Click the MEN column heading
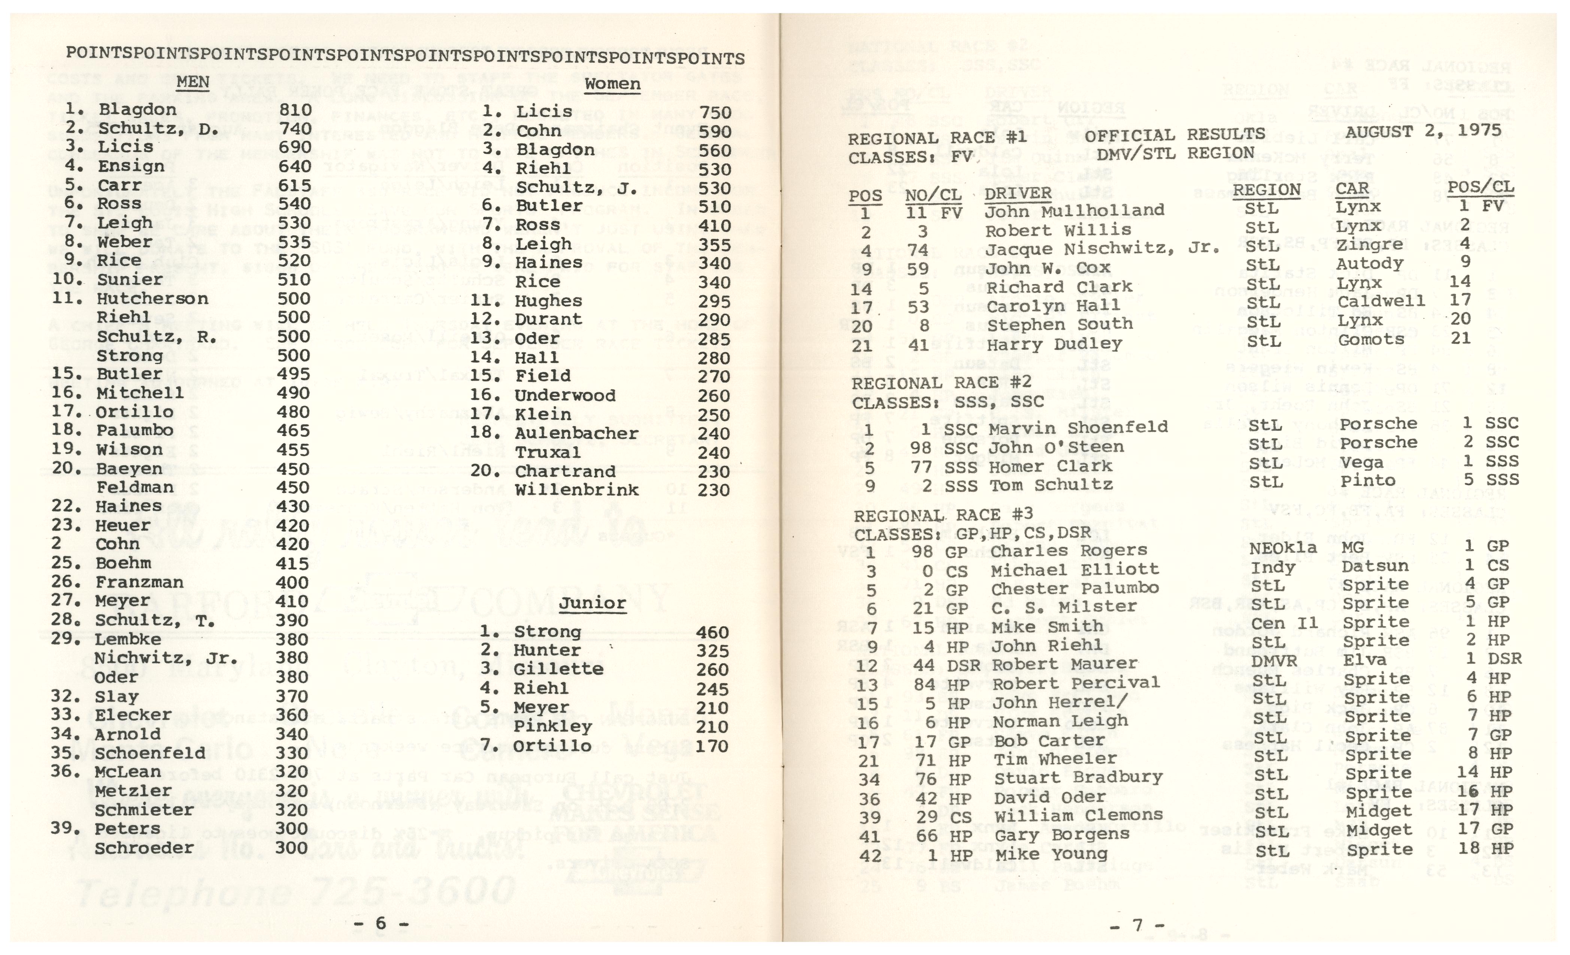(x=193, y=82)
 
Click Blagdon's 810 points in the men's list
(x=295, y=110)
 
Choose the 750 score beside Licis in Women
(x=715, y=112)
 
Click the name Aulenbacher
(x=577, y=433)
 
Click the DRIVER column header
(x=1018, y=192)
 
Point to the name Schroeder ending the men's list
(x=144, y=848)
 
